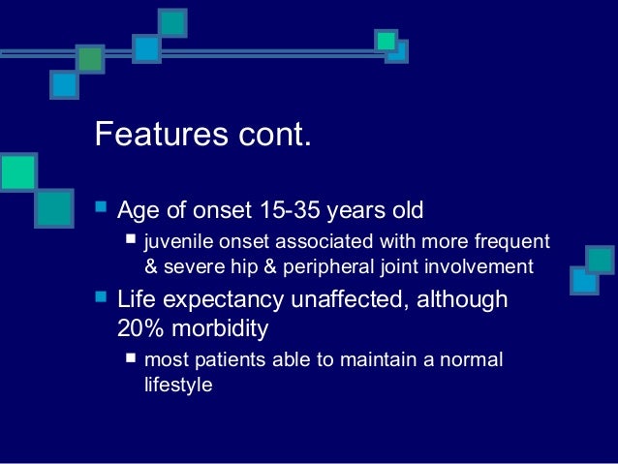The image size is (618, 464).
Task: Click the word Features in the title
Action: (162, 134)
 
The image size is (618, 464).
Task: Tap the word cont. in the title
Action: (275, 135)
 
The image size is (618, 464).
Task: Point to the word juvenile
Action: (179, 241)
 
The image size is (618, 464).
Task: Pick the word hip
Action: (243, 266)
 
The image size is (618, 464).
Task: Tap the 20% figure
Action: (140, 327)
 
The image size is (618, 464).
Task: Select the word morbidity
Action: (220, 328)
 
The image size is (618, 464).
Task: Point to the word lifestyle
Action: (178, 385)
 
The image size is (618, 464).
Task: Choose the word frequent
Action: (512, 241)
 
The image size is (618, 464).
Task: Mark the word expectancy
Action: (223, 300)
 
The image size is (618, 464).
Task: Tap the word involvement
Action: (479, 266)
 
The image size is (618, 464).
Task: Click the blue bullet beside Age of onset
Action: (101, 206)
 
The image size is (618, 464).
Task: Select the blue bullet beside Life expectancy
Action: (101, 296)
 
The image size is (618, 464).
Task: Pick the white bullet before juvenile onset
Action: (131, 239)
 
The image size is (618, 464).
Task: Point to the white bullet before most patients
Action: (131, 357)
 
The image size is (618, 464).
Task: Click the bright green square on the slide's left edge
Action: (18, 172)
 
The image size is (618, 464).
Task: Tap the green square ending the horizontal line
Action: (386, 41)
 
